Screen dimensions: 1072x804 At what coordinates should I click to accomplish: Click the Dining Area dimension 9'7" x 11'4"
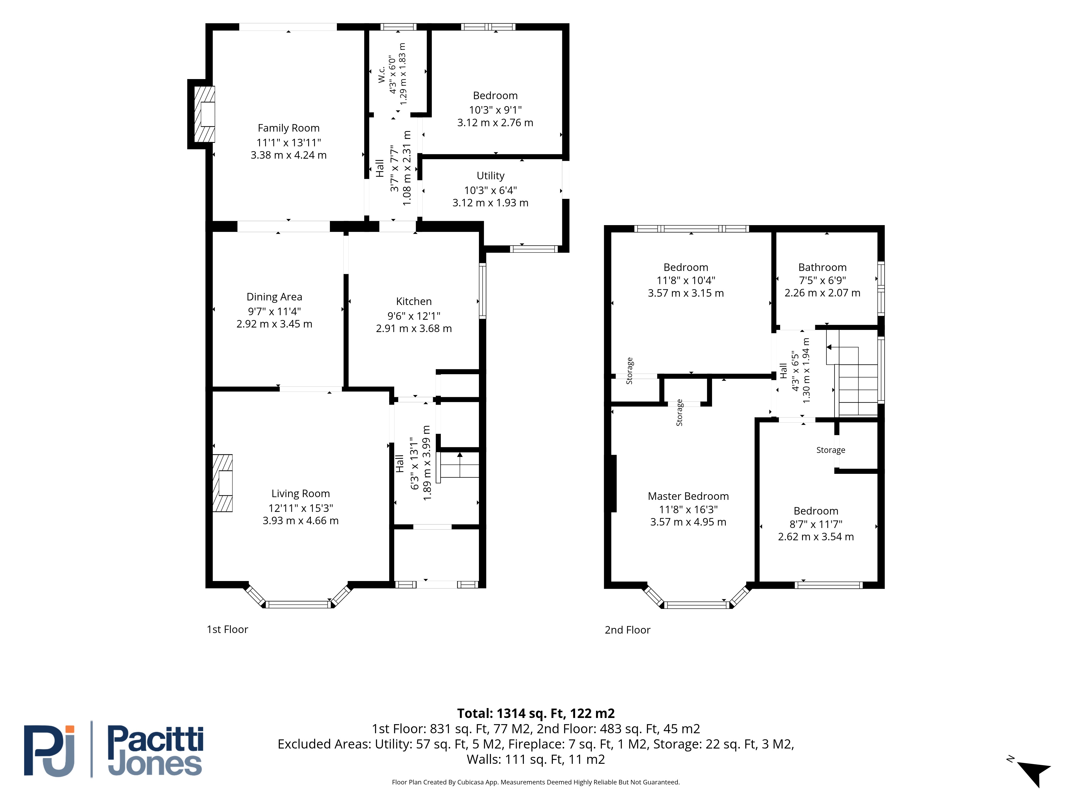[x=274, y=311]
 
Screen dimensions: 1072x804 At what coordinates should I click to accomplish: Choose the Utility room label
[x=490, y=176]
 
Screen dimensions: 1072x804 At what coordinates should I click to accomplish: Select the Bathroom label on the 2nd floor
[x=822, y=267]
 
